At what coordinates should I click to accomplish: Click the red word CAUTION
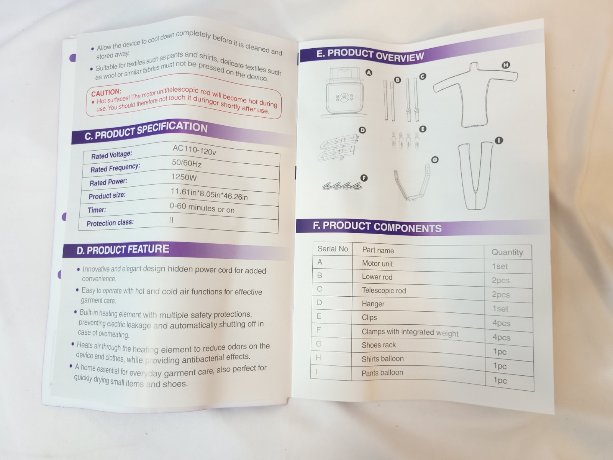click(x=106, y=92)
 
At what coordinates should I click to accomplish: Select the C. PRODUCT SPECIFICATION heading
click(x=146, y=131)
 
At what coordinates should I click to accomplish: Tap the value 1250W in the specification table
click(x=184, y=177)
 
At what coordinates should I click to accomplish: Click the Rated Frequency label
click(x=115, y=168)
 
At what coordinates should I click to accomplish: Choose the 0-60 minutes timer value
click(x=202, y=208)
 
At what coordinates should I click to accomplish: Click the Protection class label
click(x=110, y=223)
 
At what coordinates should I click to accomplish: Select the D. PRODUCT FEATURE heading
click(x=123, y=250)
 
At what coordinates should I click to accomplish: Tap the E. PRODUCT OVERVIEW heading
click(x=370, y=55)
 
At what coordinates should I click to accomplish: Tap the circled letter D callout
click(x=362, y=130)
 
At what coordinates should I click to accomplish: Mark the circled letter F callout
click(x=364, y=178)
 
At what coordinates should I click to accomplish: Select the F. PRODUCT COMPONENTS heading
click(x=377, y=227)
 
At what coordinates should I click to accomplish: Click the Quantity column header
click(x=507, y=252)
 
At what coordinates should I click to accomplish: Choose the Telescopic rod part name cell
click(x=384, y=291)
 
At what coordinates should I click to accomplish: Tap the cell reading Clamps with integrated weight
click(x=410, y=332)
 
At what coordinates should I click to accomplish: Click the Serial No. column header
click(x=333, y=249)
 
